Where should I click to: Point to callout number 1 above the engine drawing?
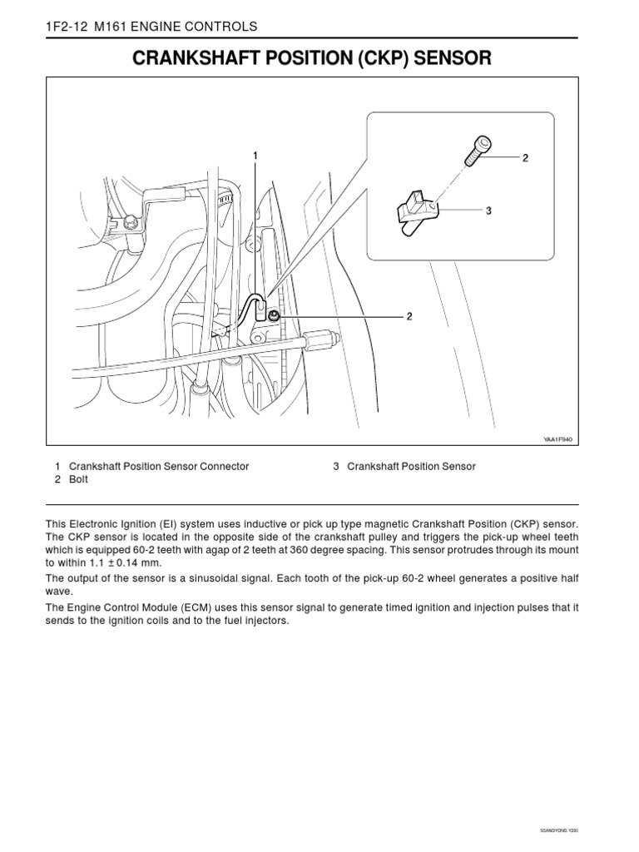coord(255,156)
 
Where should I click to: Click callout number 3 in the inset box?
coord(489,211)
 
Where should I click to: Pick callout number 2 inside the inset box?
coord(525,157)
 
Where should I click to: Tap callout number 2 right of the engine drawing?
coord(409,316)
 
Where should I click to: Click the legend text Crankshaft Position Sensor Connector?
coord(159,467)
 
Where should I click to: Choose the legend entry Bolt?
coord(79,480)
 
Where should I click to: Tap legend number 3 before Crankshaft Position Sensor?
coord(335,467)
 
